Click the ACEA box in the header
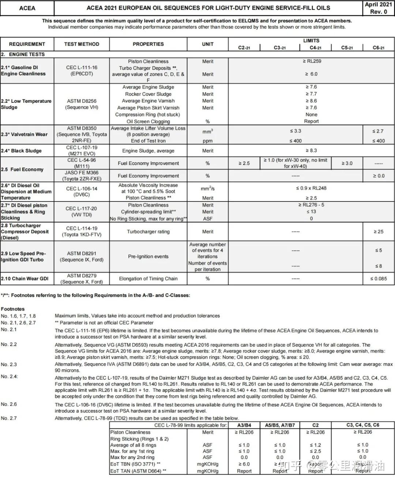click(x=27, y=8)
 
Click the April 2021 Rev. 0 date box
click(x=378, y=8)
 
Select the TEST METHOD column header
click(x=82, y=44)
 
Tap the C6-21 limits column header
click(x=379, y=48)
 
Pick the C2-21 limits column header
click(x=244, y=48)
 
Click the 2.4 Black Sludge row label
click(x=21, y=151)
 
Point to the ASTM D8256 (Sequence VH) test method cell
click(x=82, y=104)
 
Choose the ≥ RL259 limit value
click(x=312, y=61)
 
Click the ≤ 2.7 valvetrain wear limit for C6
click(x=378, y=131)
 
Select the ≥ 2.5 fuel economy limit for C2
click(x=244, y=163)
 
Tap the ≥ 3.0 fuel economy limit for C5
click(x=347, y=163)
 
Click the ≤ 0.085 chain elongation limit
click(x=378, y=279)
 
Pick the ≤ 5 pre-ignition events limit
click(x=378, y=251)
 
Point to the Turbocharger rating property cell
click(x=148, y=231)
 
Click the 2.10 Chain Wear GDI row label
click(x=25, y=279)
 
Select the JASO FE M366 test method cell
click(x=82, y=176)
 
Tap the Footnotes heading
click(x=13, y=309)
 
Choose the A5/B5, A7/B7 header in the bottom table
click(x=280, y=425)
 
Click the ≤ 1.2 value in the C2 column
click(x=315, y=445)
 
